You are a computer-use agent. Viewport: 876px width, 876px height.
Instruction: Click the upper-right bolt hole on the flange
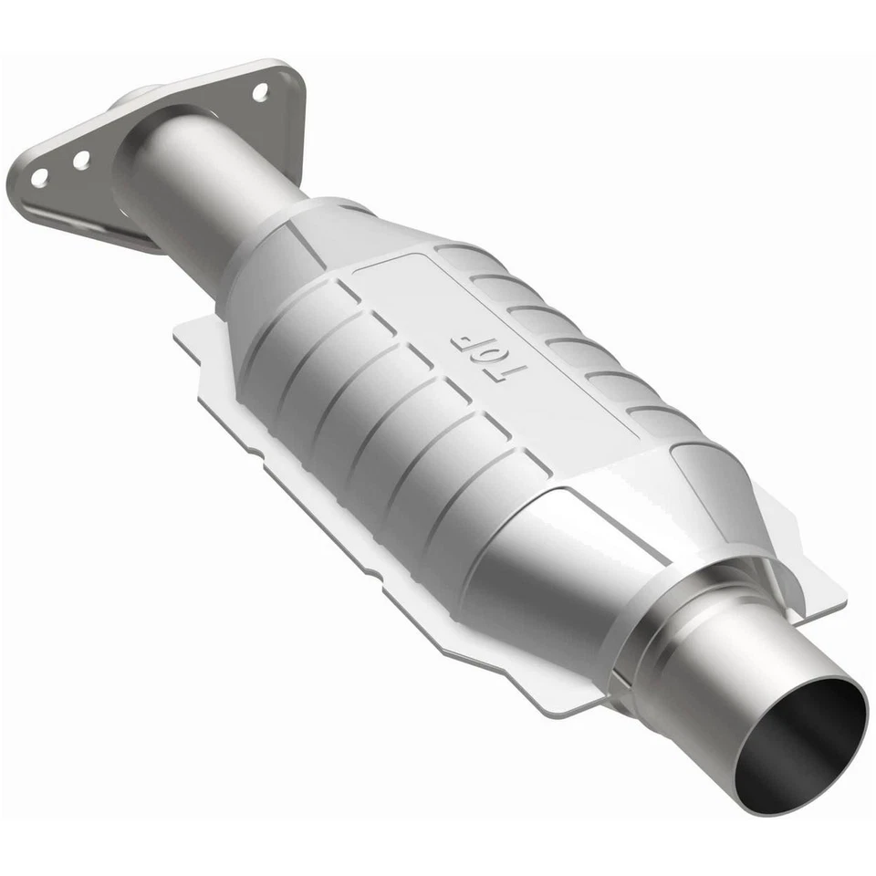coord(260,91)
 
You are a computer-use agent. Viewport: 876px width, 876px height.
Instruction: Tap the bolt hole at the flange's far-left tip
coord(39,177)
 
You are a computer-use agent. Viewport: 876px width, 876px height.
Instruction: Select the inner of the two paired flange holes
coord(81,160)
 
